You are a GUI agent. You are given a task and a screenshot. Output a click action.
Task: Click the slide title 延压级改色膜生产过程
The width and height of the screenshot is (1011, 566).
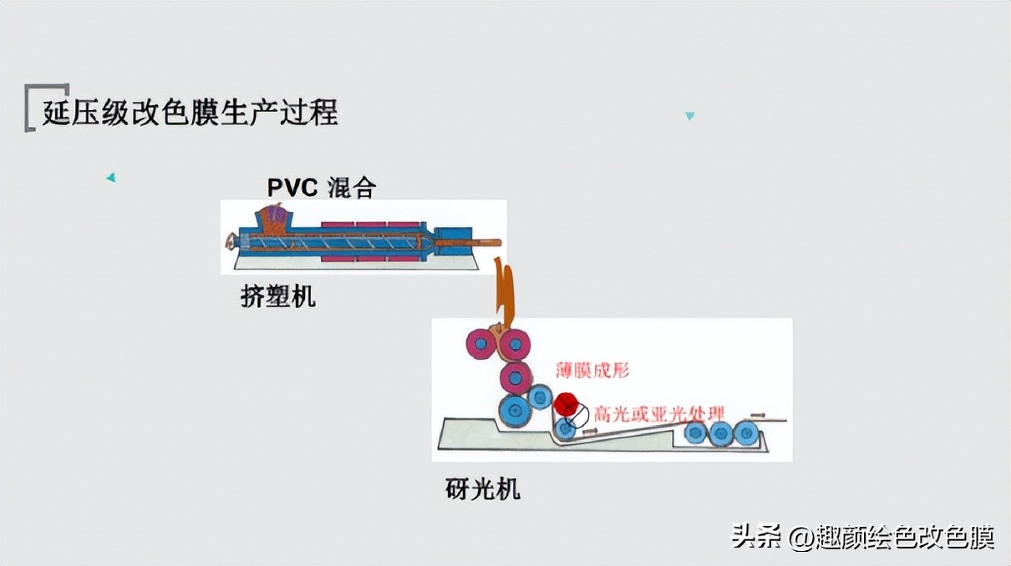(x=191, y=112)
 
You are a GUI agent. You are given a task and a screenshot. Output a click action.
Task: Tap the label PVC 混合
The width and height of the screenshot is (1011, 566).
(x=321, y=187)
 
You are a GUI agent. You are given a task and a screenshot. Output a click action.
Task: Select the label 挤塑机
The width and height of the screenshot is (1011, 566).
(x=277, y=296)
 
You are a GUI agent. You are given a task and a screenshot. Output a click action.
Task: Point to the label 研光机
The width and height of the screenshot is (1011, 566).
(x=482, y=489)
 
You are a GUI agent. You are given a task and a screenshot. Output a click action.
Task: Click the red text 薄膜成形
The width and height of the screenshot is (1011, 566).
(x=592, y=370)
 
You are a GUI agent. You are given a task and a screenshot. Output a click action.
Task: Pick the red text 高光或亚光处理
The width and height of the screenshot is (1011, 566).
(x=659, y=412)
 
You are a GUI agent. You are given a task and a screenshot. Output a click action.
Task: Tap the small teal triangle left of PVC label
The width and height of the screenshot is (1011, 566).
(x=110, y=177)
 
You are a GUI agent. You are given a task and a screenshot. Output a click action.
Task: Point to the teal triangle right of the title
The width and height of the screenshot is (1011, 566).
(x=689, y=116)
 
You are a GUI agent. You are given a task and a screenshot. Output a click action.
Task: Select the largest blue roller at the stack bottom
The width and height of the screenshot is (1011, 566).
(x=515, y=412)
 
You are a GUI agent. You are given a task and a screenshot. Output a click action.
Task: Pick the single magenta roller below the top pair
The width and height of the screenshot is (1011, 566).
(x=516, y=377)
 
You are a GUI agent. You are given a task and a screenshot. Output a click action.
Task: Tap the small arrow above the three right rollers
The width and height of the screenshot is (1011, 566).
(x=756, y=415)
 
